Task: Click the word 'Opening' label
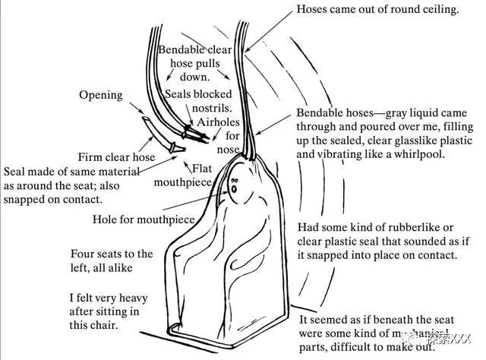point(101,96)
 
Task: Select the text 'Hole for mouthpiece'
point(145,220)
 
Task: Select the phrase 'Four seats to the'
point(112,254)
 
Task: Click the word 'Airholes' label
point(219,122)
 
